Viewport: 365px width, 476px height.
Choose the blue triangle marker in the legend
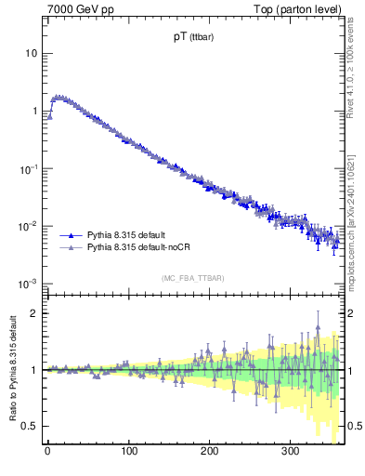(72, 235)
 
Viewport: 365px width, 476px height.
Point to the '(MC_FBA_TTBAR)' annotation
(192, 278)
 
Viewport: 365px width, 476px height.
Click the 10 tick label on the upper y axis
(31, 53)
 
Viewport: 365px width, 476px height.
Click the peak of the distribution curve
(59, 96)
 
